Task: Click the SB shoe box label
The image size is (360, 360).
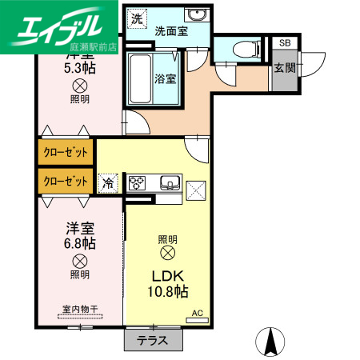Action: [x=285, y=44]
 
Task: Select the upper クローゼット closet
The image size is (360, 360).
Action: [x=65, y=151]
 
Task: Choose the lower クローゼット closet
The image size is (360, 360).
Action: [x=65, y=181]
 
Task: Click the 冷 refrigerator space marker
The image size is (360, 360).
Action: [x=108, y=183]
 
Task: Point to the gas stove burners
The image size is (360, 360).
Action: [x=138, y=182]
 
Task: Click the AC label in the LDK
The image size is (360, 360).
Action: [x=198, y=314]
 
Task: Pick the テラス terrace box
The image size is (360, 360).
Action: [x=152, y=340]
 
